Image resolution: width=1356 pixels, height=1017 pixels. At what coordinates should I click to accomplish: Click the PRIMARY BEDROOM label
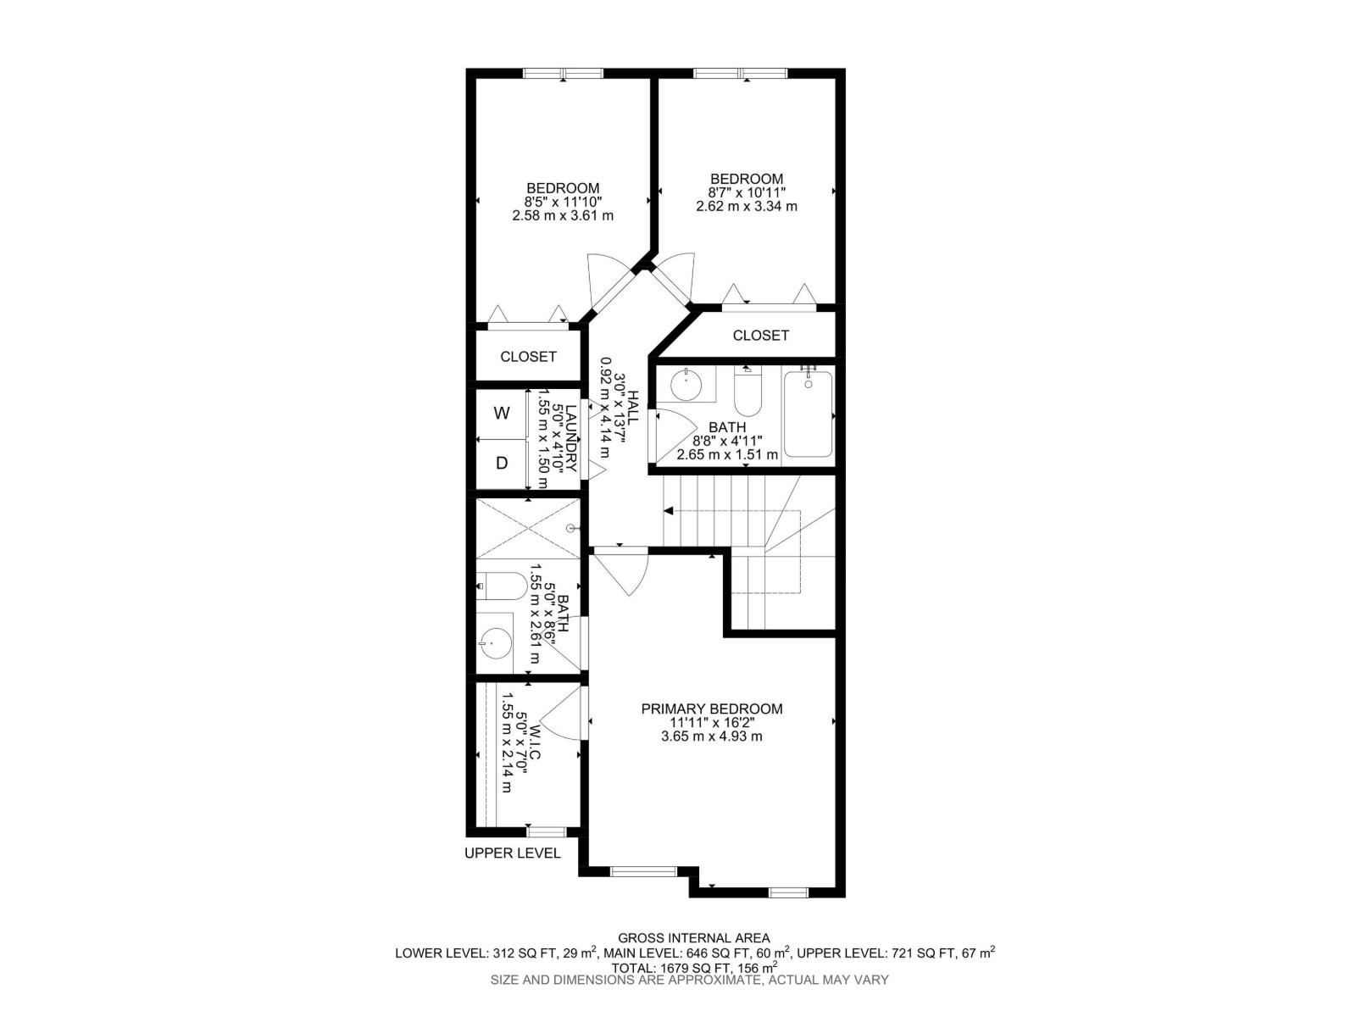point(711,709)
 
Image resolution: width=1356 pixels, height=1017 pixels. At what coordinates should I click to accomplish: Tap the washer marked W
point(502,414)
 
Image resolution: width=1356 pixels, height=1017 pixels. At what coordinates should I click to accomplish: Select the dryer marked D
point(502,464)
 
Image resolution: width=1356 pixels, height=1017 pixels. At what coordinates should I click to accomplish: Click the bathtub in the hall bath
point(808,414)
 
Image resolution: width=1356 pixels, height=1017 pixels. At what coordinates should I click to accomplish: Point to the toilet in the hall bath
point(747,391)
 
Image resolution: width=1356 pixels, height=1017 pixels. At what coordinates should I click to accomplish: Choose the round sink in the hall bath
point(686,386)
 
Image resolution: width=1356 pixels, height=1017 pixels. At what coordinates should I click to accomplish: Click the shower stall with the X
point(528,528)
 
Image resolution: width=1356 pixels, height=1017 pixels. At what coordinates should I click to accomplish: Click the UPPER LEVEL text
point(512,853)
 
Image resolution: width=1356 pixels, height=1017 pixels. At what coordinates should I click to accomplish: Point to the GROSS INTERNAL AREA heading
point(693,937)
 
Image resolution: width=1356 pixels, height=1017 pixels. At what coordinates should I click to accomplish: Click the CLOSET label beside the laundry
point(528,357)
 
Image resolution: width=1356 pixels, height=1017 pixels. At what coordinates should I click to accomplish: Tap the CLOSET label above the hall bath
point(760,336)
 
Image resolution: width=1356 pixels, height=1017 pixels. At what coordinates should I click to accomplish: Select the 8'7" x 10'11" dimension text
point(747,192)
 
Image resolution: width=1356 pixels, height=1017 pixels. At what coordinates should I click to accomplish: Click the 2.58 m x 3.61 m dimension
point(563,215)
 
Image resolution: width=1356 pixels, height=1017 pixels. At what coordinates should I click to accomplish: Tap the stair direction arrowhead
point(669,511)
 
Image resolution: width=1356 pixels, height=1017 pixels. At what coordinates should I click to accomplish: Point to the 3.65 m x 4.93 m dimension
point(711,736)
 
